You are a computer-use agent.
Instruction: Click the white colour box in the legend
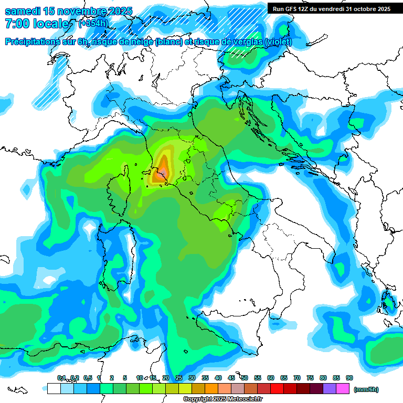pyautogui.click(x=54, y=389)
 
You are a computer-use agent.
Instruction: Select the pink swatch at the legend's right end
pyautogui.click(x=343, y=389)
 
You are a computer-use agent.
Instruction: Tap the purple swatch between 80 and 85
pyautogui.click(x=330, y=389)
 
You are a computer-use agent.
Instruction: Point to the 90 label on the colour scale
pyautogui.click(x=349, y=378)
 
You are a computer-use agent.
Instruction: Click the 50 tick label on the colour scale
pyautogui.click(x=245, y=378)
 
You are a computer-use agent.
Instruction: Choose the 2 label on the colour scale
pyautogui.click(x=112, y=378)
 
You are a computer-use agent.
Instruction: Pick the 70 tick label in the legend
pyautogui.click(x=297, y=378)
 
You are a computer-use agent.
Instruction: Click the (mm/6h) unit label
pyautogui.click(x=366, y=389)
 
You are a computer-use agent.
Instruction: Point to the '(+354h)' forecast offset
pyautogui.click(x=93, y=24)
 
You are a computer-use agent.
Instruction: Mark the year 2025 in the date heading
pyautogui.click(x=118, y=11)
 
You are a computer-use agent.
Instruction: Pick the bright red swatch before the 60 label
pyautogui.click(x=264, y=389)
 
